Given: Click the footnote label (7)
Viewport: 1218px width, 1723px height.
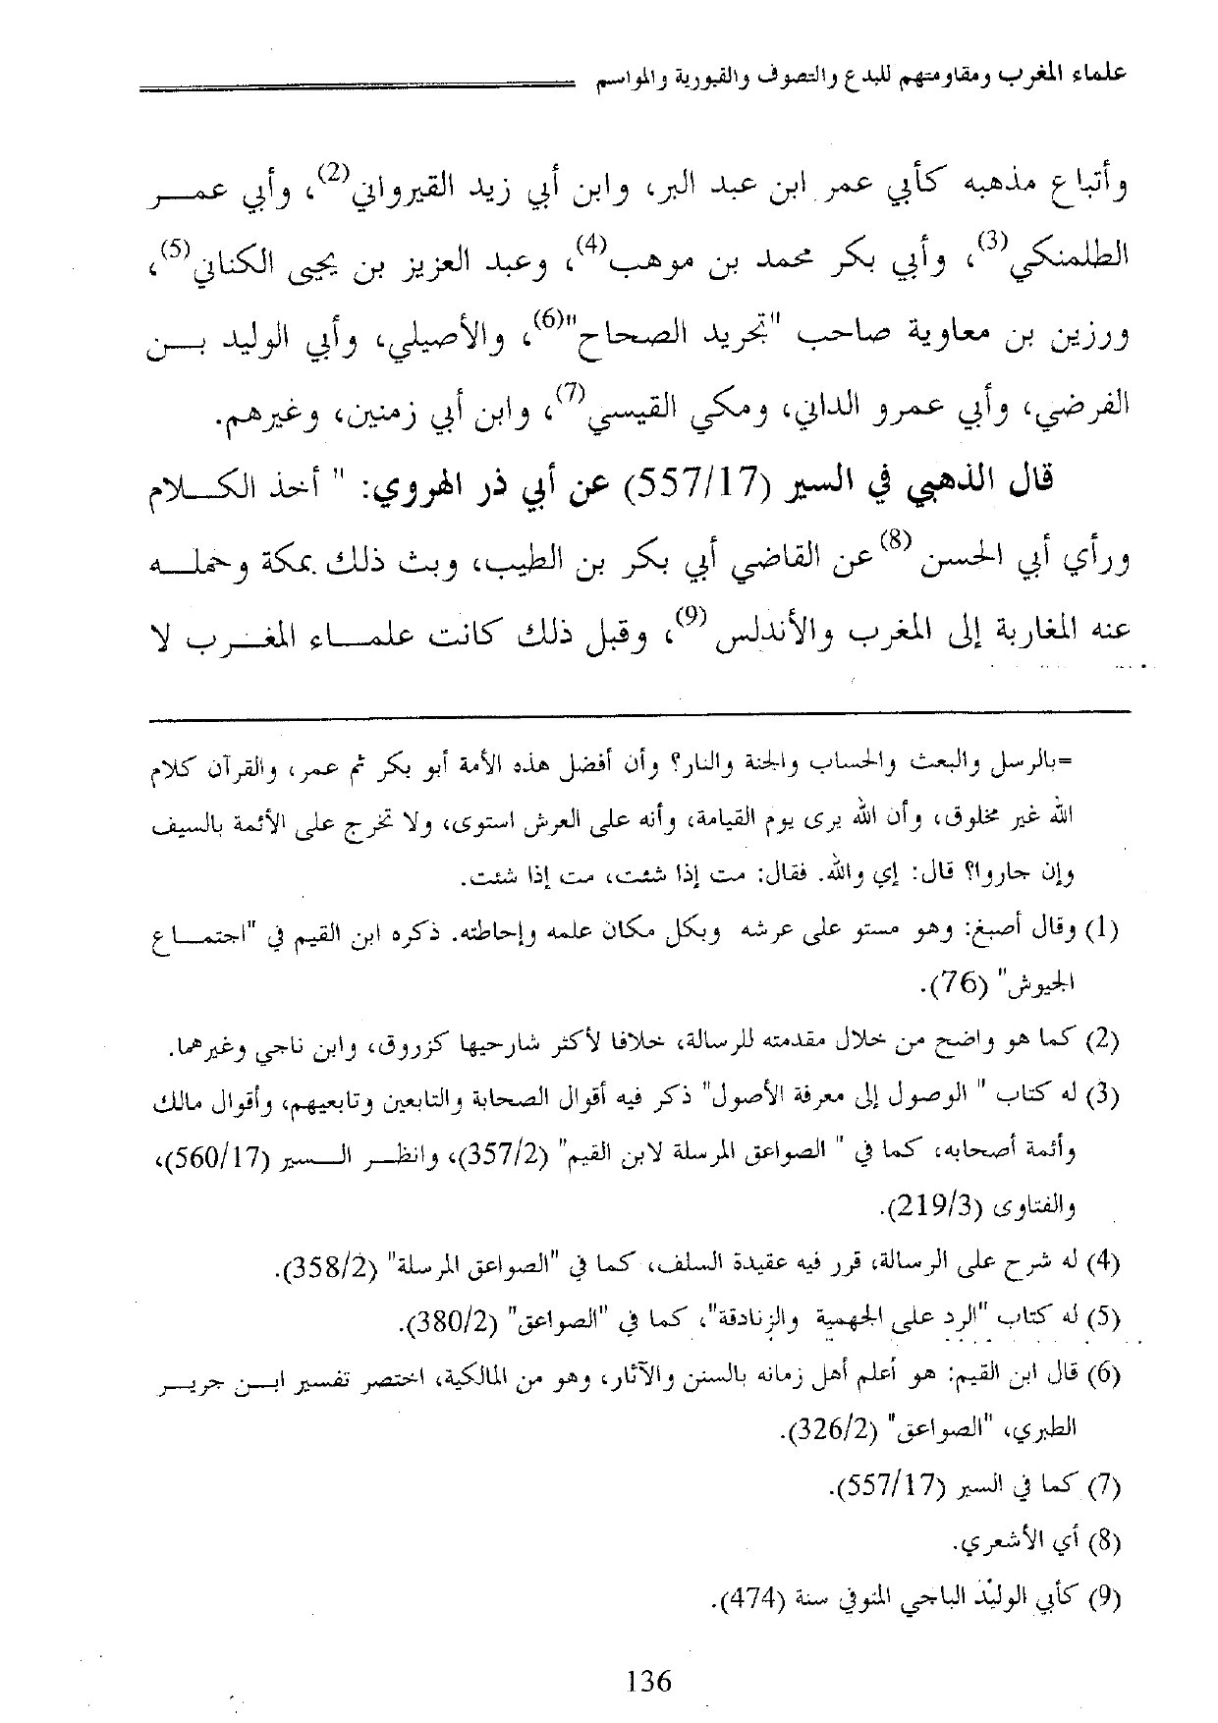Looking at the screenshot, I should [1105, 1487].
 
